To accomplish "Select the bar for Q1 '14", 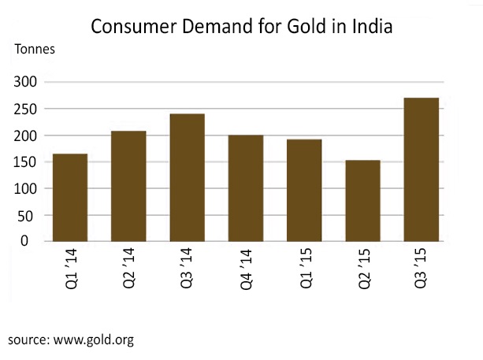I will (70, 197).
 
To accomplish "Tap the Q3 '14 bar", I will (188, 177).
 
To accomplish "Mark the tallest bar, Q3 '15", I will (421, 169).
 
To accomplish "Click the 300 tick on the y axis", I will (28, 82).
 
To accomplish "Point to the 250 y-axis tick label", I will (28, 109).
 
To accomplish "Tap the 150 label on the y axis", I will (28, 162).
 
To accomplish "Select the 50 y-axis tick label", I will (32, 215).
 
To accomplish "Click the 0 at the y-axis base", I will (36, 241).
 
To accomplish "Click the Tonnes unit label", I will (35, 47).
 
